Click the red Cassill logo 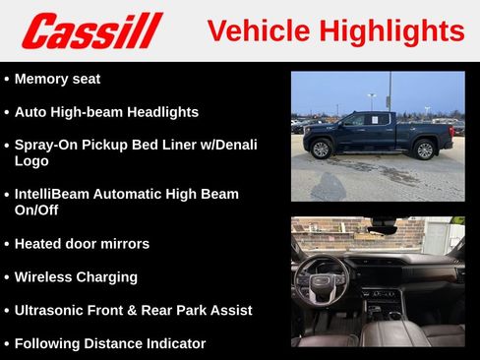coord(91,30)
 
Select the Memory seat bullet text coord(57,79)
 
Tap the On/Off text coord(40,210)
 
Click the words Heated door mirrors coord(82,243)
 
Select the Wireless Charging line coord(76,276)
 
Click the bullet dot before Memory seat coord(7,79)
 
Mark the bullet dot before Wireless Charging coord(7,277)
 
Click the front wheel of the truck coord(320,149)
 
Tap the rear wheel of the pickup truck coord(424,150)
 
